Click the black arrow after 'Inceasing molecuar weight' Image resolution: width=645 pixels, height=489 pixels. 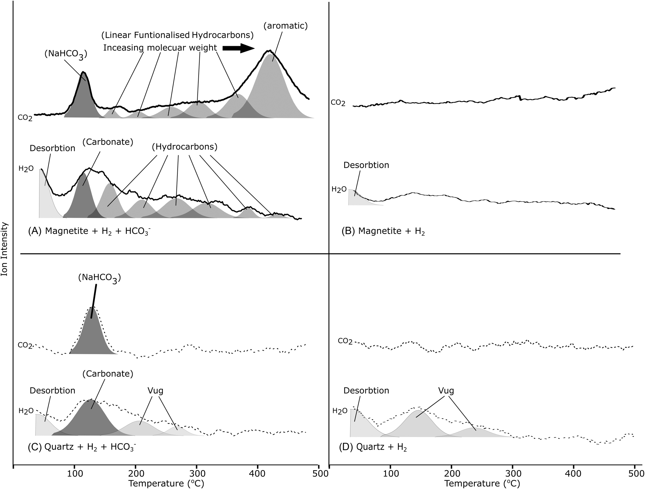tap(239, 48)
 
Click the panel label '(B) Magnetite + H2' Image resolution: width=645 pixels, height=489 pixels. tap(383, 231)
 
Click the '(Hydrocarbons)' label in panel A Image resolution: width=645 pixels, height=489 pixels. tap(184, 147)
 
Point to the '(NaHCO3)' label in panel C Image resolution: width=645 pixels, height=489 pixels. tap(99, 278)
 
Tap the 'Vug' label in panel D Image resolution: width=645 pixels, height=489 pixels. tap(446, 391)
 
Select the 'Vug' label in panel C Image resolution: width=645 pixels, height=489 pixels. tap(155, 391)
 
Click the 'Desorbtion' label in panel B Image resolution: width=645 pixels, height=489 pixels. tap(366, 165)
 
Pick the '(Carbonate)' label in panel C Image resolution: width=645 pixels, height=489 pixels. tap(108, 374)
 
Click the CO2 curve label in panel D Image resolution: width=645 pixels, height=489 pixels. tap(345, 341)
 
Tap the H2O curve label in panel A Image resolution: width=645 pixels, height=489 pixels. tap(26, 168)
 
